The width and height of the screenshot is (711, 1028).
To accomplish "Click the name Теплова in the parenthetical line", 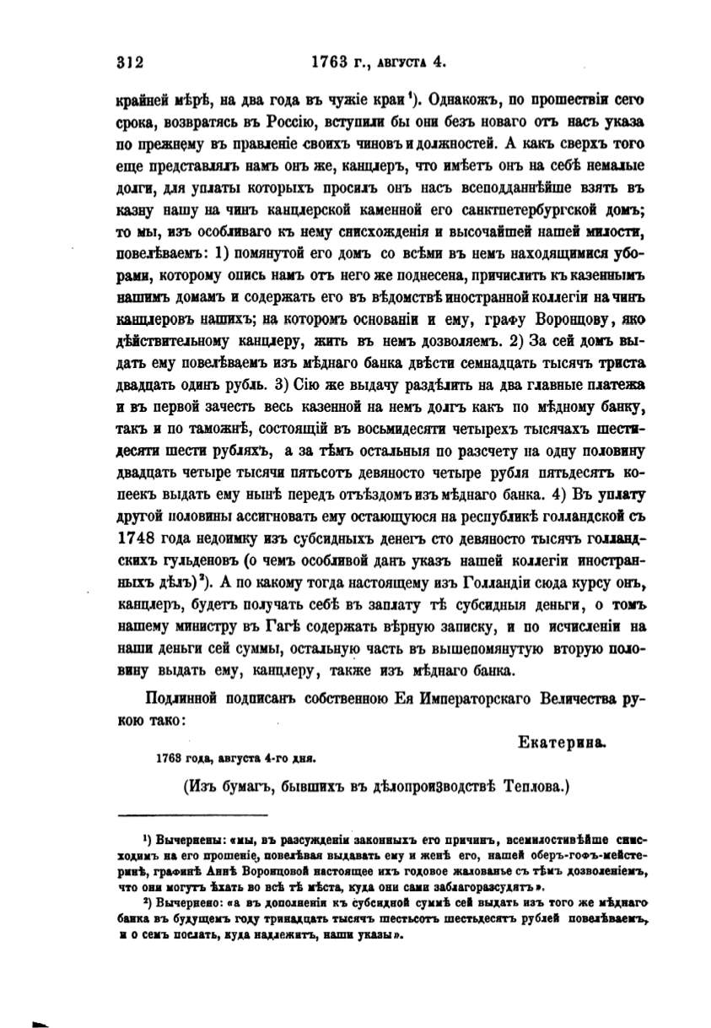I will (x=535, y=787).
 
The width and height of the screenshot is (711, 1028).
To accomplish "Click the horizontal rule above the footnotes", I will (x=191, y=814).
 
